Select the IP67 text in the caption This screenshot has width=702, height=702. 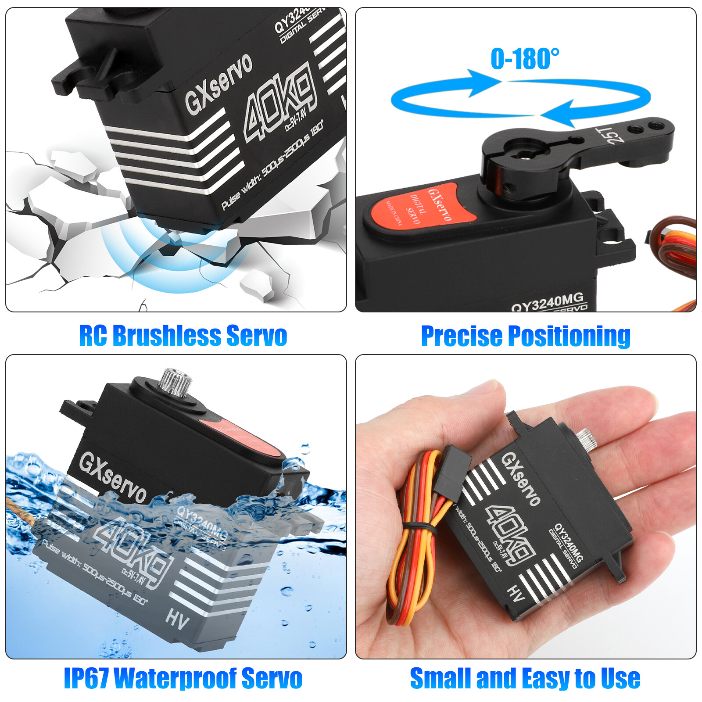(86, 678)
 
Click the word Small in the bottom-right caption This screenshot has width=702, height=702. (440, 678)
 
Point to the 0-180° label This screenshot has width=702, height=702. (525, 59)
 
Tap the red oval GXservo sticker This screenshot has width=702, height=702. (421, 206)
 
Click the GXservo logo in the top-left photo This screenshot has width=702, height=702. (218, 83)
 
